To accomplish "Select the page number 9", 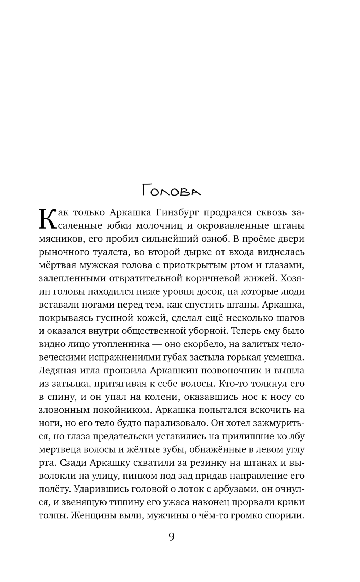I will pyautogui.click(x=171, y=537).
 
